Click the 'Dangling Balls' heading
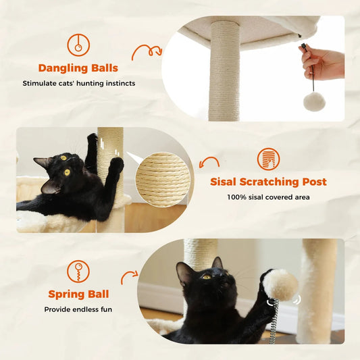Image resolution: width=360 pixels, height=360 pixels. point(78,68)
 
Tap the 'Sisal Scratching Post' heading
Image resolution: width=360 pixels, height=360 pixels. point(268,182)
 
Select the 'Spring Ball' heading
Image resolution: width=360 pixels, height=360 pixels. point(78,294)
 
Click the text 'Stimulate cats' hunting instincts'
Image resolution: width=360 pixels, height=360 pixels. point(78,83)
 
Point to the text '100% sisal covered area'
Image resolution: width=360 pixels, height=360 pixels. point(268,197)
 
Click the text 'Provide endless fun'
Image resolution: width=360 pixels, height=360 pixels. point(78,309)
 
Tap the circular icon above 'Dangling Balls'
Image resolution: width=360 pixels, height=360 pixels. point(78,45)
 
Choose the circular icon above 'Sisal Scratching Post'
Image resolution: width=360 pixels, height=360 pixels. point(268,159)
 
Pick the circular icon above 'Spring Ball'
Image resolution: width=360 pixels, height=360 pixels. point(78,272)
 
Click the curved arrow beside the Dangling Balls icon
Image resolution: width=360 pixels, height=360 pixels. point(146,52)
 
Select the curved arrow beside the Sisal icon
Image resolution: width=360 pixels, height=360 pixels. point(210,163)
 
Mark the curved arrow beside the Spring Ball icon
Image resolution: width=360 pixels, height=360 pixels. point(129,277)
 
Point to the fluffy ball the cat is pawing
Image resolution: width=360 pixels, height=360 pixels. point(280,284)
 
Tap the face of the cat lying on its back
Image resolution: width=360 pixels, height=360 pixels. point(57,170)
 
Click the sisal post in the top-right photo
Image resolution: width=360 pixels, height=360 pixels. point(224,68)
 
